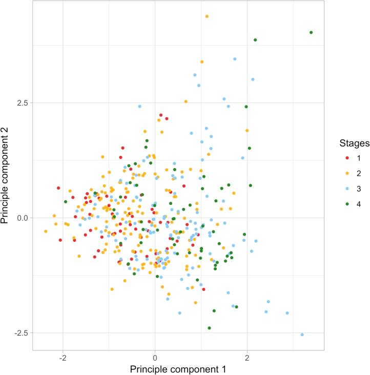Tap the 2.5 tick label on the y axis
click(x=20, y=102)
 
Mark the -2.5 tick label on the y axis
click(x=19, y=333)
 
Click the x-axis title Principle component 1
click(x=177, y=369)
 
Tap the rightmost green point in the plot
click(x=311, y=33)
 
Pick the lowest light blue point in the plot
click(x=302, y=335)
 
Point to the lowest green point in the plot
click(x=209, y=328)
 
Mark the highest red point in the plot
click(x=161, y=115)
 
